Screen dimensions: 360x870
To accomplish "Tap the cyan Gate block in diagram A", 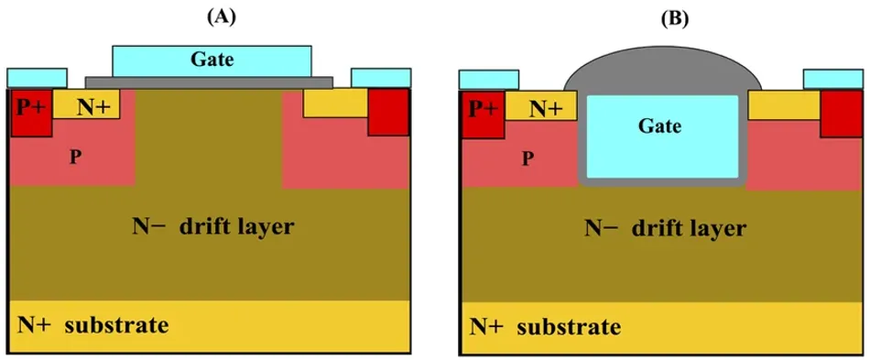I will click(x=212, y=61).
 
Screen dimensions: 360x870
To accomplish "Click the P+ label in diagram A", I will click(x=29, y=108).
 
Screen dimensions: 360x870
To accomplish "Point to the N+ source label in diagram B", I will click(x=547, y=110).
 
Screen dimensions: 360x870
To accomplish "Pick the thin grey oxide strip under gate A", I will click(x=209, y=82).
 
